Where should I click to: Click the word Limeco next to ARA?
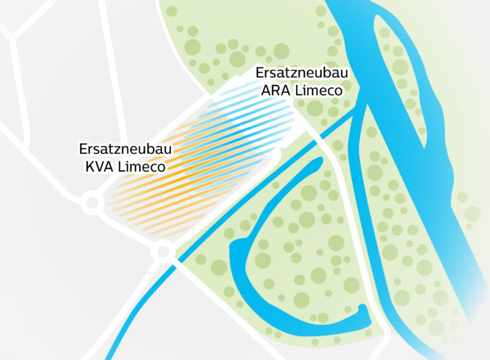point(318,90)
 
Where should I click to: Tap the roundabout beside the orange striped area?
point(92,204)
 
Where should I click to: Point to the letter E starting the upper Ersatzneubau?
point(260,74)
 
